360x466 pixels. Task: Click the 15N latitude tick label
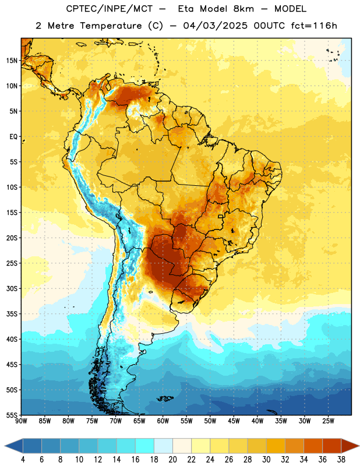(12, 61)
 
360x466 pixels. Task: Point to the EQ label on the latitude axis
(13, 137)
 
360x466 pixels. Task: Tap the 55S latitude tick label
(12, 415)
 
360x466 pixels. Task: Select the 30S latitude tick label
(12, 288)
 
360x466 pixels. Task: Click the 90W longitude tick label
(21, 421)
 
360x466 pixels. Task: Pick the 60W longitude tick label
(163, 421)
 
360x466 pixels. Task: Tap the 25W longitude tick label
(328, 421)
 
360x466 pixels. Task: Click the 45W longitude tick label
(234, 421)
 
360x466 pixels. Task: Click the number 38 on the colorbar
(341, 460)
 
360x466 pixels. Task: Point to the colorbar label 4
(23, 460)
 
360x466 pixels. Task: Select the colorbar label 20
(172, 460)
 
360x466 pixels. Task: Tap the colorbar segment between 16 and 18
(145, 446)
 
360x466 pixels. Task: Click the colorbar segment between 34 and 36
(313, 446)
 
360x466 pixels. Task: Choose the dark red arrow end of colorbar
(350, 446)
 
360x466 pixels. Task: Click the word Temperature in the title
(111, 26)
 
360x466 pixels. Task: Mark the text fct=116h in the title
(314, 26)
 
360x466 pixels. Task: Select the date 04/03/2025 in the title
(215, 26)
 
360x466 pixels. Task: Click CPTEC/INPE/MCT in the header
(109, 9)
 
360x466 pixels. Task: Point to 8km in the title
(243, 9)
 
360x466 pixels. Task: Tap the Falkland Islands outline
(165, 398)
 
